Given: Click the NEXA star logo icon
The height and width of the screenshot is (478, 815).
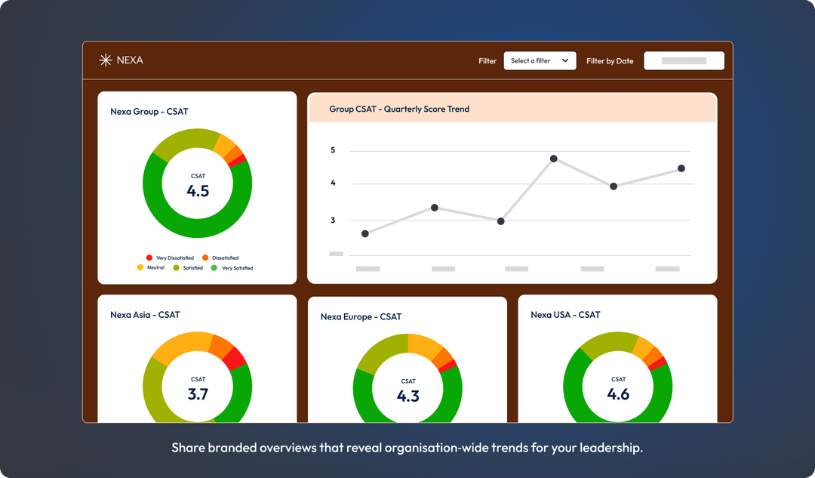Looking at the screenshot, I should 106,60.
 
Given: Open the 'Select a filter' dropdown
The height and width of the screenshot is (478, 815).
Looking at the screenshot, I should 540,60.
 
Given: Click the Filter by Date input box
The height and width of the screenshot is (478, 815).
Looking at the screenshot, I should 684,60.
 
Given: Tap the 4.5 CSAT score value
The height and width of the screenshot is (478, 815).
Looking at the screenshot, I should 198,191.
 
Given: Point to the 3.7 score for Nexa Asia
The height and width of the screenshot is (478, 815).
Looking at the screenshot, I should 198,393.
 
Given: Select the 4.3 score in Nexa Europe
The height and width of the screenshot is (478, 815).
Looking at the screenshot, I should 408,396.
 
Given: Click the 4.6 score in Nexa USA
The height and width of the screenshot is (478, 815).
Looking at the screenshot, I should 618,393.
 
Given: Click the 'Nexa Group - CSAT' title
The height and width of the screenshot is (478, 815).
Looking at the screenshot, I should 149,112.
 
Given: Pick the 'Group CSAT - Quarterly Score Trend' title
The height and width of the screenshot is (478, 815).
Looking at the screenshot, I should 399,109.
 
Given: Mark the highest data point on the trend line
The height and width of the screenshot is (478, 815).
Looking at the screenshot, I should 554,159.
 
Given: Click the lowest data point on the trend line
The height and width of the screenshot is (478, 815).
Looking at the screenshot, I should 365,233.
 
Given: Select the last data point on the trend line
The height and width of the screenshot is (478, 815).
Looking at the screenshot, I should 681,168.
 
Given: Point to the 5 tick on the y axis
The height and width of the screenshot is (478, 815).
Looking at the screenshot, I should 333,150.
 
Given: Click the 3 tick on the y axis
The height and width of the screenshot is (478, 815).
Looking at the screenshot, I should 333,220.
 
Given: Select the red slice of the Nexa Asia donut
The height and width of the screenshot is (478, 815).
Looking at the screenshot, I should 236,357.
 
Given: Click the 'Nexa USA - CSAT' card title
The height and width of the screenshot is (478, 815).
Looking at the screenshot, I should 565,315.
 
